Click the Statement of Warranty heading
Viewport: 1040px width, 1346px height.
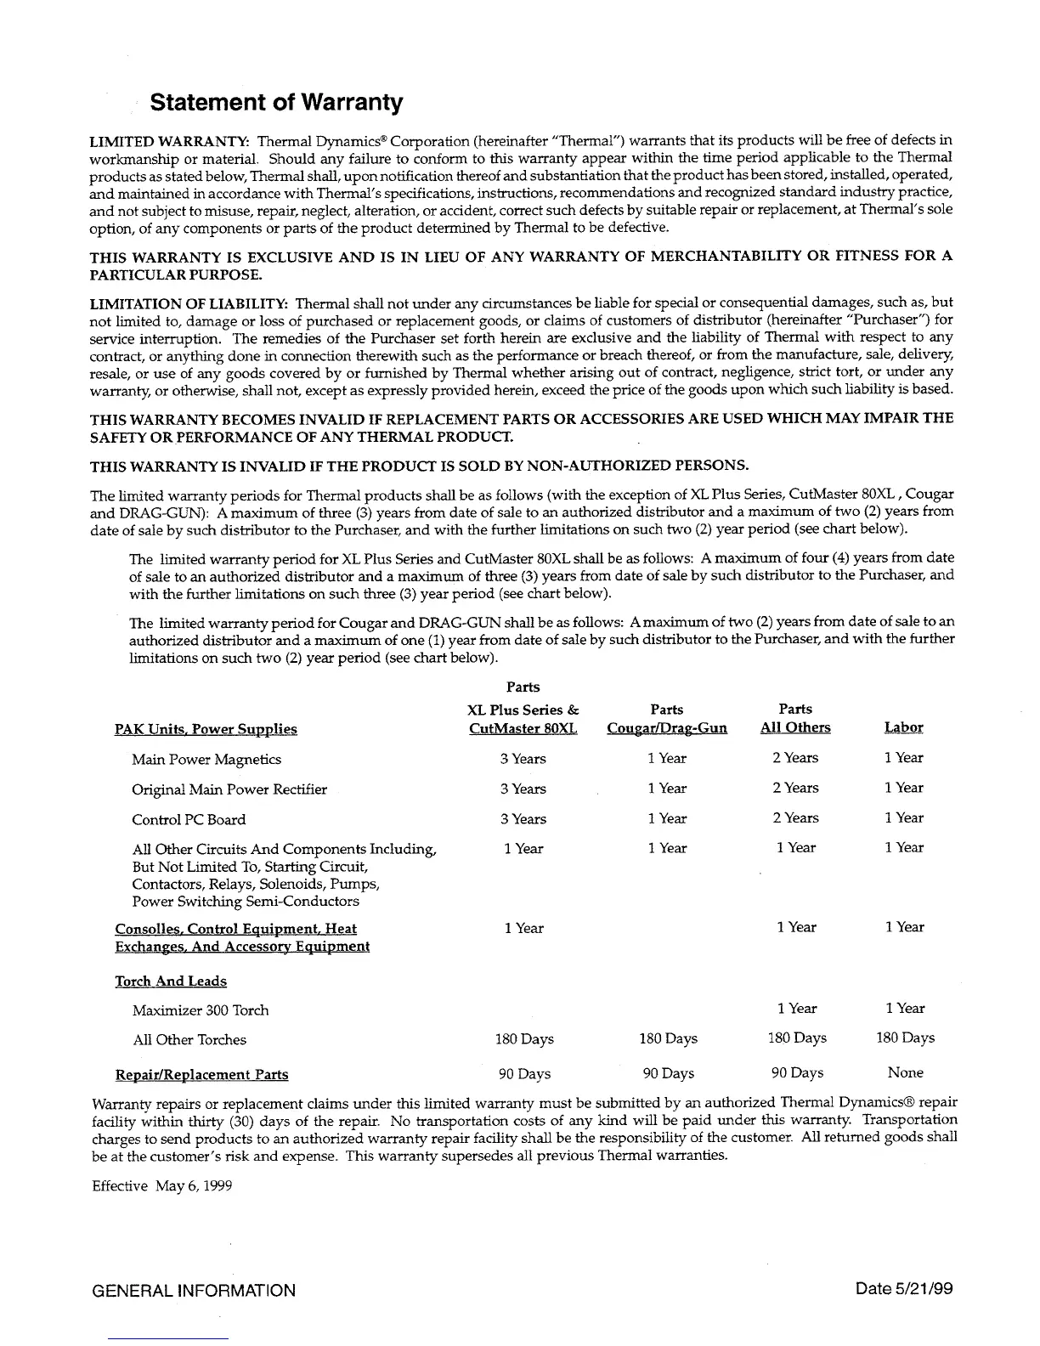(x=275, y=104)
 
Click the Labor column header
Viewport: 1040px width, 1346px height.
(x=903, y=728)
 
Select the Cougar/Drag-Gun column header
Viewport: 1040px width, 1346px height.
(x=667, y=729)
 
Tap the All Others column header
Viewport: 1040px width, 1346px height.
(x=795, y=728)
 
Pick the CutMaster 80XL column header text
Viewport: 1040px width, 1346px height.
(x=523, y=729)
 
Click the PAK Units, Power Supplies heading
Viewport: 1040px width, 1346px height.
(x=206, y=730)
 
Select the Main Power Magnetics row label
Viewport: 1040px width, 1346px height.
(x=206, y=760)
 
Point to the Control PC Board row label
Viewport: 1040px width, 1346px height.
(x=189, y=820)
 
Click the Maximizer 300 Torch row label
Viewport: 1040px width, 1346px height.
(x=201, y=1011)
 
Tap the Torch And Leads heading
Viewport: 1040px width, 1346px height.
(x=171, y=982)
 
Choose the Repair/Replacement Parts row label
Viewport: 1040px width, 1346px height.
(x=201, y=1076)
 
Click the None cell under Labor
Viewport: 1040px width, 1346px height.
(x=905, y=1073)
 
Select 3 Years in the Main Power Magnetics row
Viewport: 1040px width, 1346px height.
(x=523, y=760)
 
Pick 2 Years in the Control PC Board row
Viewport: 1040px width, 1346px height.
(x=795, y=818)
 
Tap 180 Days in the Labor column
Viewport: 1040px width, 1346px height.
(x=905, y=1038)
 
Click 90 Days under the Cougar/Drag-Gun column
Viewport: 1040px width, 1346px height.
(x=668, y=1074)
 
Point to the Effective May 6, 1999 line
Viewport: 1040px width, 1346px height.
(x=161, y=1186)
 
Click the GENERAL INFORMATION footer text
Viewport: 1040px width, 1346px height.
(x=194, y=1291)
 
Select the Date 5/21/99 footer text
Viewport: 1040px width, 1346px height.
(x=905, y=1289)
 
